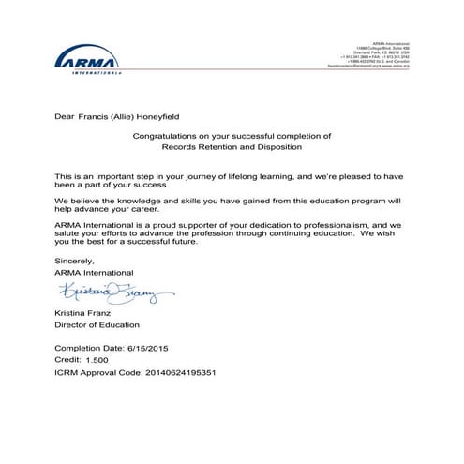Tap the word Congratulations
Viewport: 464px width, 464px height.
(166, 137)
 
